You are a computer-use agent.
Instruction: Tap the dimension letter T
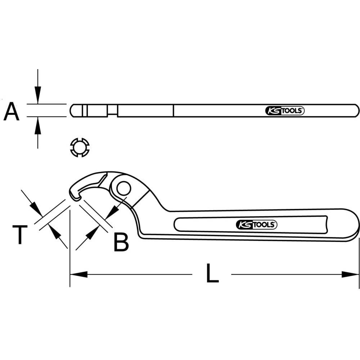(20, 235)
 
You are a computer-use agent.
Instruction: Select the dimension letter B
(121, 242)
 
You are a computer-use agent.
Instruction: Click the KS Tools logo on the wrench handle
(256, 225)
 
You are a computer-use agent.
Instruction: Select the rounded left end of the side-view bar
(73, 111)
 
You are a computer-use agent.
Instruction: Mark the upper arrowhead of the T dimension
(35, 209)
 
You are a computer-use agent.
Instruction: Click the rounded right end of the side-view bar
(356, 111)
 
